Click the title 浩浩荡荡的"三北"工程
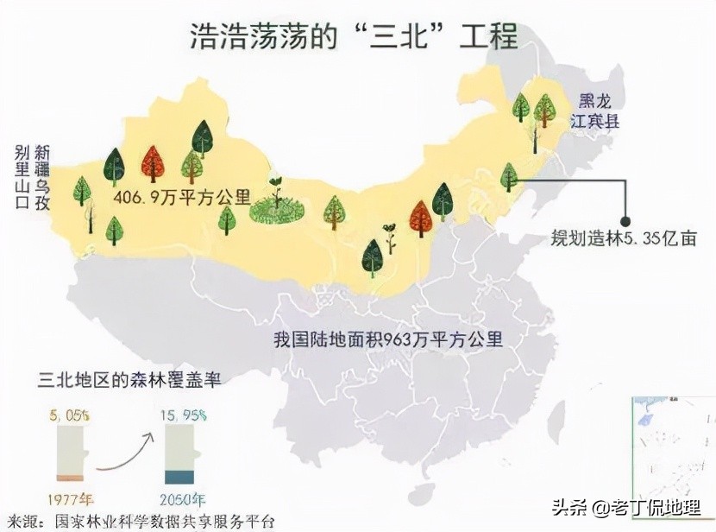(354, 37)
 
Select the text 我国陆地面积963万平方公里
(387, 338)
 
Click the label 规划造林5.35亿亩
(624, 238)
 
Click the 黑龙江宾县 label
(599, 111)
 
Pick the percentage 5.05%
(71, 415)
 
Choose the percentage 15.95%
(182, 415)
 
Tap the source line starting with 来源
(138, 521)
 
